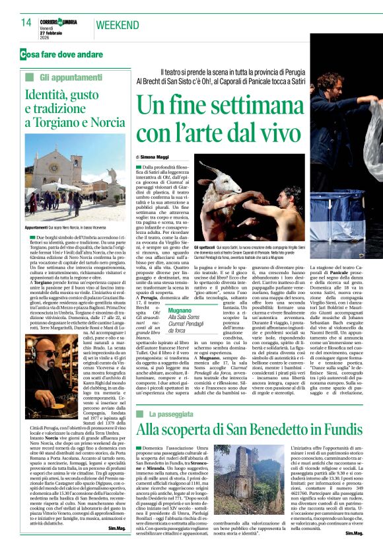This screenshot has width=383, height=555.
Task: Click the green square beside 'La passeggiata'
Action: (141, 395)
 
